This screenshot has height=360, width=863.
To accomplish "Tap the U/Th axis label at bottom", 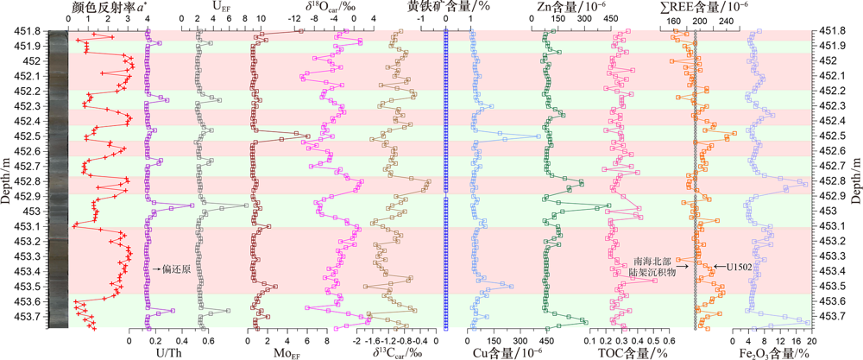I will pos(142,351).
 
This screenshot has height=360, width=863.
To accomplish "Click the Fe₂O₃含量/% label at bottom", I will pos(772,351).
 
